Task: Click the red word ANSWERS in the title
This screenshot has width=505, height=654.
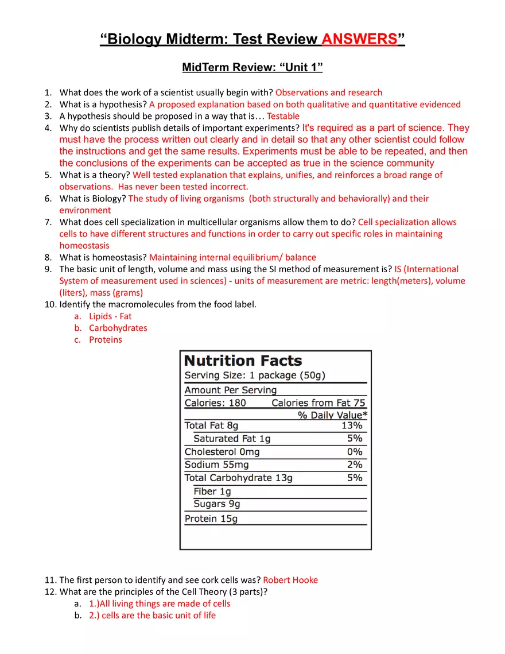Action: coord(359,40)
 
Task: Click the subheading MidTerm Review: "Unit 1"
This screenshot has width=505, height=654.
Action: coord(252,68)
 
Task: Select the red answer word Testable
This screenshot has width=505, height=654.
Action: coord(279,116)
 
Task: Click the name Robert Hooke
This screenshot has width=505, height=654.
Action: coord(290,580)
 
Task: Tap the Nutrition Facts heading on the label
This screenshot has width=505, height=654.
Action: coord(243,361)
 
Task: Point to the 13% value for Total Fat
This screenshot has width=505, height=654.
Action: coord(352,425)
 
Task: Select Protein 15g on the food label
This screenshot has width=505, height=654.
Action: coord(211,518)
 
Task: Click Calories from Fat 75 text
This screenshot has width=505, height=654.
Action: coord(318,403)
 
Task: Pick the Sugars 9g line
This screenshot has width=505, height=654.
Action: coord(216,504)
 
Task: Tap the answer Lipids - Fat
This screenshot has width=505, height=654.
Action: coord(110,316)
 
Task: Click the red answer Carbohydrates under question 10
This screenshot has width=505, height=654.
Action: coord(118,328)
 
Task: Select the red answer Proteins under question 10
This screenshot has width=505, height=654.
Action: coord(105,340)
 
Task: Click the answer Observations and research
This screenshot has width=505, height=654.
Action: coord(329,92)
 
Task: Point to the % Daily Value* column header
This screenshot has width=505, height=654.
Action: coord(333,415)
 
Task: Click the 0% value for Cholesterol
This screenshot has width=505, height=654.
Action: coord(355,452)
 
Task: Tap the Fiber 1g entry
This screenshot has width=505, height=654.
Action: coord(212,492)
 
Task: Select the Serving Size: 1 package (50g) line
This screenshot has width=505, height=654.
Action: coord(255,376)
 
